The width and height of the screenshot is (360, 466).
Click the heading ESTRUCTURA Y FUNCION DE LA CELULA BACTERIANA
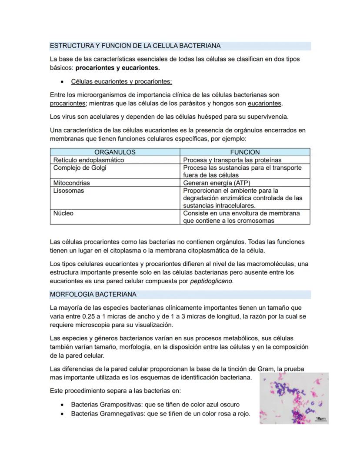135,46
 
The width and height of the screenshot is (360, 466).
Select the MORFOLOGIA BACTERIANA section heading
93,295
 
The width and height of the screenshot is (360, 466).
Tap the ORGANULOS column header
115,152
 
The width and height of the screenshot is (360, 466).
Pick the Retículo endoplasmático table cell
89,160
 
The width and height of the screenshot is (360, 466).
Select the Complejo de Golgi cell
80,168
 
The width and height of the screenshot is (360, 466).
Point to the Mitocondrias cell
72,183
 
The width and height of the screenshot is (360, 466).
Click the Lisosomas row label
69,191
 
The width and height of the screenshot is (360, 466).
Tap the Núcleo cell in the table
63,213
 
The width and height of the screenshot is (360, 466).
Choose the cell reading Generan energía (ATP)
217,183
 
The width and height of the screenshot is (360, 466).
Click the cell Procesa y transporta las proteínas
232,160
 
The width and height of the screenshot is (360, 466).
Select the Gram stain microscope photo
293,398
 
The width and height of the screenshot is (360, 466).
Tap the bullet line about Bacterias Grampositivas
155,405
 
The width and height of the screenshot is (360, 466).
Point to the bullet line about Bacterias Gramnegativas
160,414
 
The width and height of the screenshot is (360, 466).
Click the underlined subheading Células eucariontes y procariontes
121,81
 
